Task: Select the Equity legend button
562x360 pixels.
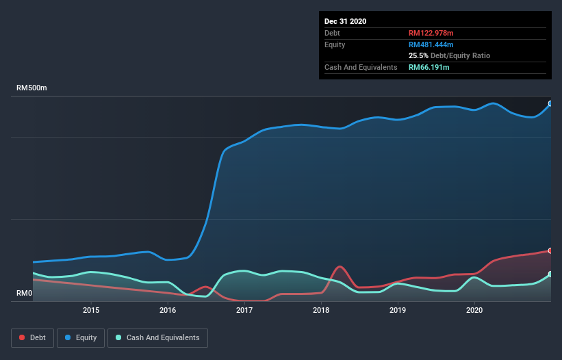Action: (x=81, y=338)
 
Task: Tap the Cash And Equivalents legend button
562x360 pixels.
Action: (x=157, y=338)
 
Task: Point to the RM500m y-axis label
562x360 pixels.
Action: (x=31, y=88)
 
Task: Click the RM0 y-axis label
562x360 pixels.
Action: (x=25, y=294)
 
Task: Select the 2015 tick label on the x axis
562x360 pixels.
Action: (x=91, y=311)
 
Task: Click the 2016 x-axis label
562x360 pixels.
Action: (x=168, y=311)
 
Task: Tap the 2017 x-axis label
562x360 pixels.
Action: (x=244, y=311)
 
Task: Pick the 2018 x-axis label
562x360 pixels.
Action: (x=321, y=311)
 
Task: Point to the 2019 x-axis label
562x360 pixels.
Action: (x=398, y=311)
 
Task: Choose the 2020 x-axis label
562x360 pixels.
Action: (x=474, y=311)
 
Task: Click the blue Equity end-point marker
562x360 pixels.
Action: (x=550, y=104)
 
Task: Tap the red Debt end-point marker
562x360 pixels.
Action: (x=550, y=250)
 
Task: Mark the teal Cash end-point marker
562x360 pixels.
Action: (x=550, y=274)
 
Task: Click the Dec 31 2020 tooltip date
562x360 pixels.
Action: (x=345, y=21)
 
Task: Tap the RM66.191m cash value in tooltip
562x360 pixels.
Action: (x=429, y=67)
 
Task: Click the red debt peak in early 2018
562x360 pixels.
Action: (x=340, y=266)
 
